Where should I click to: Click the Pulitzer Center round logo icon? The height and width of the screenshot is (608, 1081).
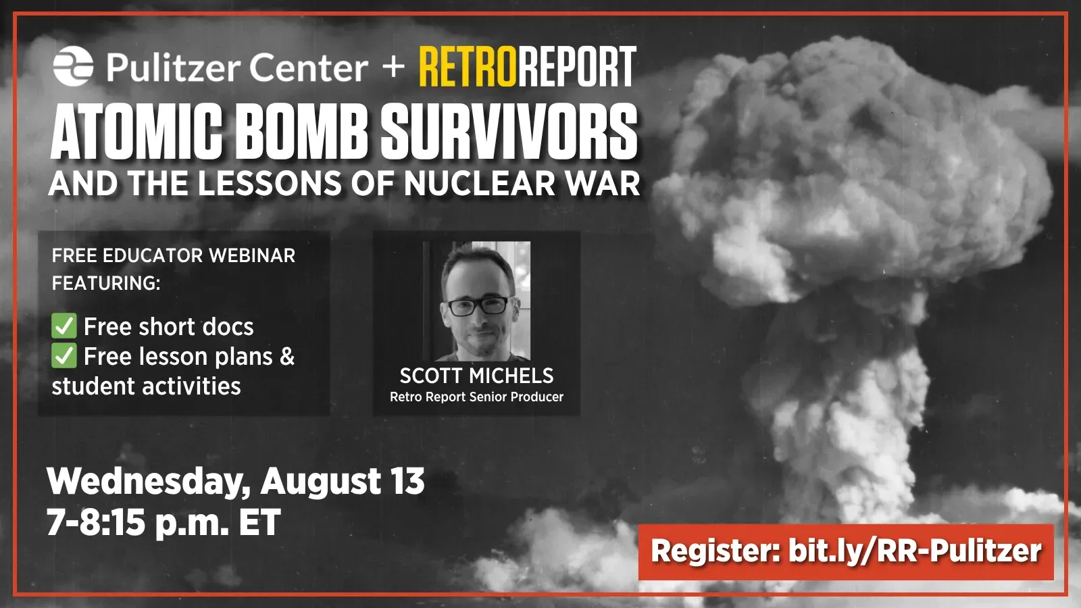pyautogui.click(x=73, y=66)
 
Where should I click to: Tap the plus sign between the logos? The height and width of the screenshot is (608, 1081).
pyautogui.click(x=393, y=66)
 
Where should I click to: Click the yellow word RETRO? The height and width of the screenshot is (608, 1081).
pyautogui.click(x=467, y=67)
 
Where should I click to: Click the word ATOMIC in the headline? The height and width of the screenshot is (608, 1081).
pyautogui.click(x=136, y=132)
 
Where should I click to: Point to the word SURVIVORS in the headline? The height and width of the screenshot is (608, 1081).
pyautogui.click(x=508, y=132)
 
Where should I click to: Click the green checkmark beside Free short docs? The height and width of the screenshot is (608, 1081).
pyautogui.click(x=64, y=326)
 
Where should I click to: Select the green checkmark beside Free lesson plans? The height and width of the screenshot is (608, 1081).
pyautogui.click(x=64, y=355)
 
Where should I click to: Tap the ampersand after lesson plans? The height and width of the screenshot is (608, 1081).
pyautogui.click(x=287, y=356)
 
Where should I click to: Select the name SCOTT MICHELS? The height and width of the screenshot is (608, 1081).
pyautogui.click(x=476, y=376)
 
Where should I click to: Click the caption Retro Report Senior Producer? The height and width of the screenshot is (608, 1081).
pyautogui.click(x=476, y=397)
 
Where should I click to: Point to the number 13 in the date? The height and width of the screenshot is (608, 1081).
pyautogui.click(x=407, y=481)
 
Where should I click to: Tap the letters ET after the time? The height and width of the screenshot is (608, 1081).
pyautogui.click(x=259, y=522)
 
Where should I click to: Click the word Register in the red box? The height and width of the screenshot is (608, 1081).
pyautogui.click(x=715, y=551)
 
